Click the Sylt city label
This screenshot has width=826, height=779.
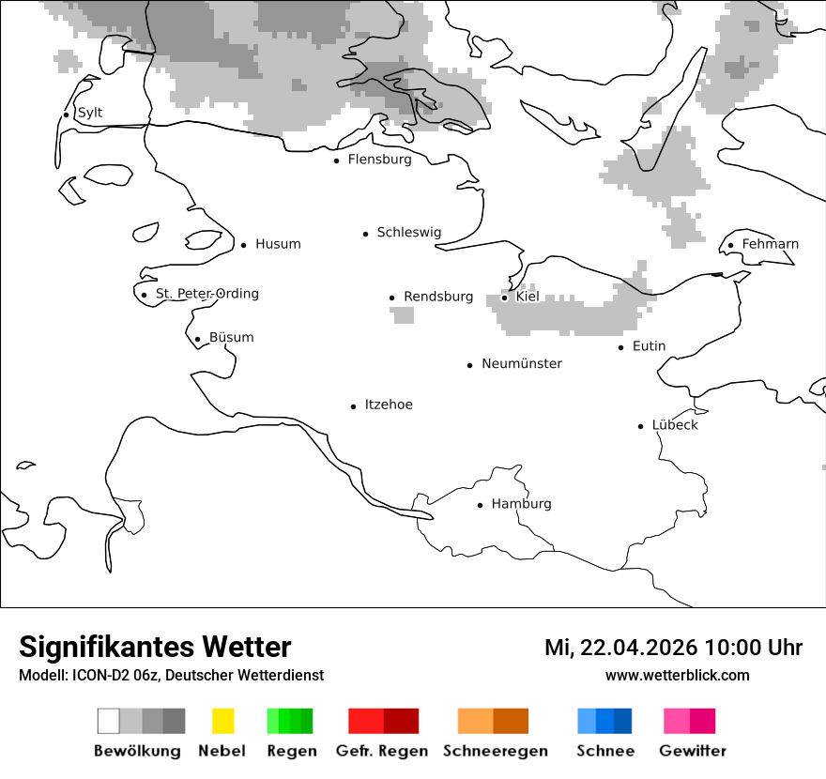90,113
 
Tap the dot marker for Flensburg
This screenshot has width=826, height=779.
336,160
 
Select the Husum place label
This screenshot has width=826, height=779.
278,244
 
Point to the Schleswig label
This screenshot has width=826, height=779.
408,233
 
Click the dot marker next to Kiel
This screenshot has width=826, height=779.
504,298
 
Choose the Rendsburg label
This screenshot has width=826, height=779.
438,297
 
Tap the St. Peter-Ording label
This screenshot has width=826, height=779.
206,294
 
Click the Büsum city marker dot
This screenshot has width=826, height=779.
197,340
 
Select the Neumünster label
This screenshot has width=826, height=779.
522,363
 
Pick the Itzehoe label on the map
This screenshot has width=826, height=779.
389,405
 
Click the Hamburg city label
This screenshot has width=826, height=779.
521,504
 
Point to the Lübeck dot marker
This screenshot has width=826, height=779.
640,426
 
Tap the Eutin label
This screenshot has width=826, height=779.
649,346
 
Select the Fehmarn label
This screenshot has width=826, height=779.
770,244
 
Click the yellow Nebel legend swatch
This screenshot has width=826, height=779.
222,721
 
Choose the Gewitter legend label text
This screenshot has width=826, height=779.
693,751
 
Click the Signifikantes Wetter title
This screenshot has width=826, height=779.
155,647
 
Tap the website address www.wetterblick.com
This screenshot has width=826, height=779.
677,675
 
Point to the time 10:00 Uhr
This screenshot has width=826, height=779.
754,648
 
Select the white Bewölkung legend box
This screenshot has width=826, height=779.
109,721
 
